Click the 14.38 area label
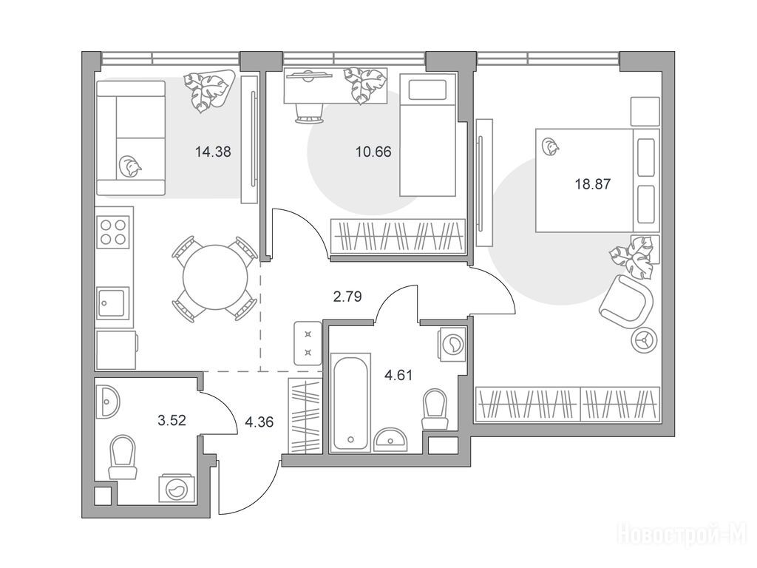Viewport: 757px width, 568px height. coord(213,152)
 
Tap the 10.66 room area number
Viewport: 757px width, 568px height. coord(373,152)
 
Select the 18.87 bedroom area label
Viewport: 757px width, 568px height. coord(593,184)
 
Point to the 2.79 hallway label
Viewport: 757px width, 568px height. coord(347,296)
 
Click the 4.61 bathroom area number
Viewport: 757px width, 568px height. coord(398,375)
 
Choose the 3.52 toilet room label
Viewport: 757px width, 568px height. coord(172,421)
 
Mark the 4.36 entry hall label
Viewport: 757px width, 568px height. coord(259,422)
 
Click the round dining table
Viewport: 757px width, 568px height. coord(215,277)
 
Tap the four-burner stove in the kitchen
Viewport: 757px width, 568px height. coord(114,231)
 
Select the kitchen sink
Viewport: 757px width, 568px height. coord(113,302)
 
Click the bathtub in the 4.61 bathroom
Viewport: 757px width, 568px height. coord(351,402)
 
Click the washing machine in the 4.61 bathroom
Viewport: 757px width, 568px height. coord(453,344)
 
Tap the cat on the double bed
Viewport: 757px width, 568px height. coord(550,147)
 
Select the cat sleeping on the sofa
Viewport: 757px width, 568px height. coord(130,166)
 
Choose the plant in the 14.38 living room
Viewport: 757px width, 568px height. coord(208,91)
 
